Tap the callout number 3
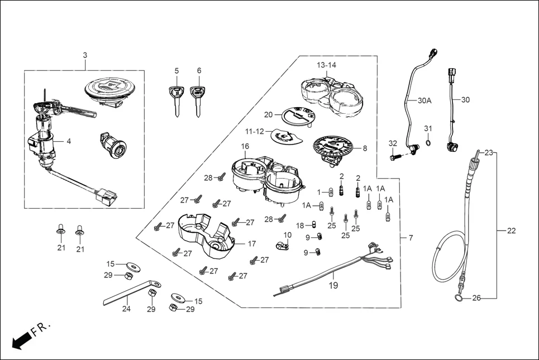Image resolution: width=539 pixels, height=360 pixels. click(85, 55)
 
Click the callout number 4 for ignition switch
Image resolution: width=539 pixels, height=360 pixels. click(69, 141)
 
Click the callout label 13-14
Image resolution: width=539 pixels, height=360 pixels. click(327, 65)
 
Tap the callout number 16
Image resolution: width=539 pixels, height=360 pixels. click(245, 147)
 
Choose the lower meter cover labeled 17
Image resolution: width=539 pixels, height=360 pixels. click(204, 238)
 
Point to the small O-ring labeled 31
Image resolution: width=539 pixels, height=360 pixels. click(428, 142)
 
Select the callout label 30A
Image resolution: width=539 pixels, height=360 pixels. click(425, 101)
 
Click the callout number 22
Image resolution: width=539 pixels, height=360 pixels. click(511, 231)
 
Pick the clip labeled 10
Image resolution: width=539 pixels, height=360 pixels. click(283, 244)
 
